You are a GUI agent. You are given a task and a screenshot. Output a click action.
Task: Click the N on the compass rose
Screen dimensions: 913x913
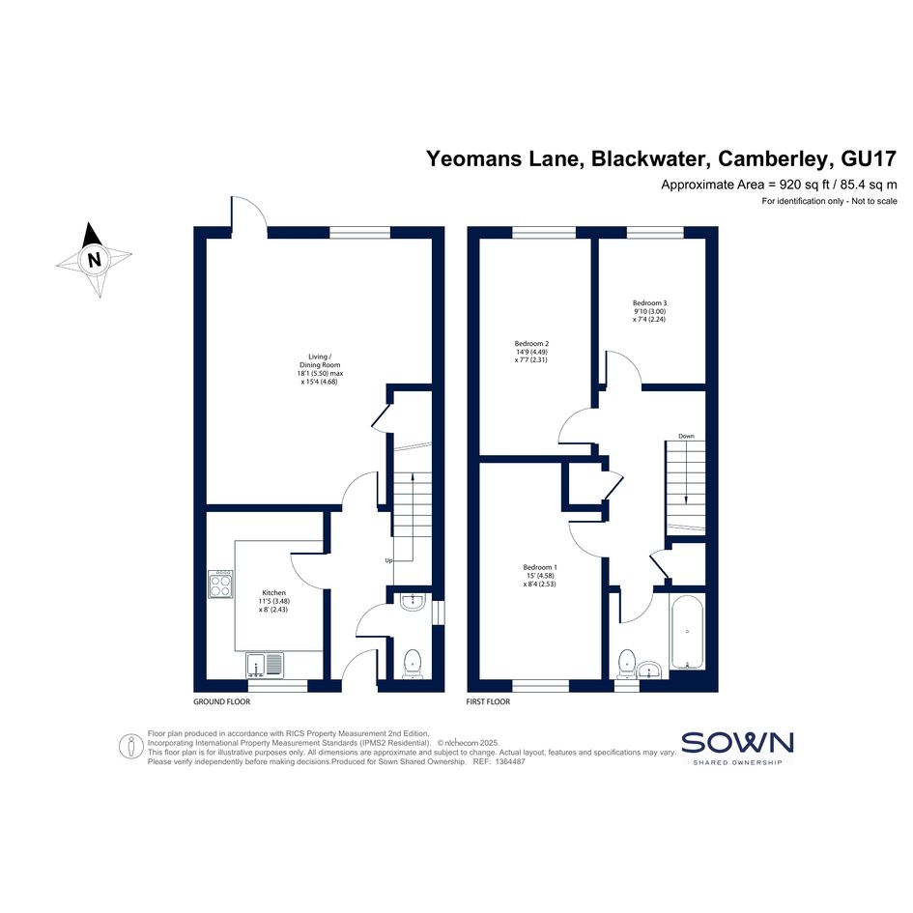coord(94,259)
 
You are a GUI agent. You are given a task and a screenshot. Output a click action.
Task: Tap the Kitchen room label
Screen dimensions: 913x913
coord(273,593)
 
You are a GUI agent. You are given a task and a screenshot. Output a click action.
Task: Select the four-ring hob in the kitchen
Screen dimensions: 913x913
coord(221,584)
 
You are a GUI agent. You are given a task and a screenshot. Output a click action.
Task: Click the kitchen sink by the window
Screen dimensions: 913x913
coord(265,665)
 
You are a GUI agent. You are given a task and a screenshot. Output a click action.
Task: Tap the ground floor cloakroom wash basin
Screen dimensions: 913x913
coord(414,602)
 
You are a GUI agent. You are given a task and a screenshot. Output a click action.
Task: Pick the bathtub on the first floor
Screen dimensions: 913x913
coord(687,632)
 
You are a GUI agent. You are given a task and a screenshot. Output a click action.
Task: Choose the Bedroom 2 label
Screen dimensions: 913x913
coord(531,344)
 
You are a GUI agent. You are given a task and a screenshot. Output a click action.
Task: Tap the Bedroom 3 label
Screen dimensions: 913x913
coord(649,302)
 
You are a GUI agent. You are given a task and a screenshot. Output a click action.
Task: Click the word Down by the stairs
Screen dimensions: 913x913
coord(686,436)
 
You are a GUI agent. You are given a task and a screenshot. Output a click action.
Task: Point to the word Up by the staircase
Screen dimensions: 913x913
coord(388,560)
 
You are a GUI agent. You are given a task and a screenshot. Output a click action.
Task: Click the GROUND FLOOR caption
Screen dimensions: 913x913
coord(222,701)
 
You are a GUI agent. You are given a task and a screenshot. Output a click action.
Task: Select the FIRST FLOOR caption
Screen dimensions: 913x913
coord(488,701)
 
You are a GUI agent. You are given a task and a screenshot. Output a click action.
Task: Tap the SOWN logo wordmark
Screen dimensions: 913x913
coord(737,743)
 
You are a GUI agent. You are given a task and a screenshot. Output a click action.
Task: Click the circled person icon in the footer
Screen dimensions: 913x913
coord(131,747)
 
